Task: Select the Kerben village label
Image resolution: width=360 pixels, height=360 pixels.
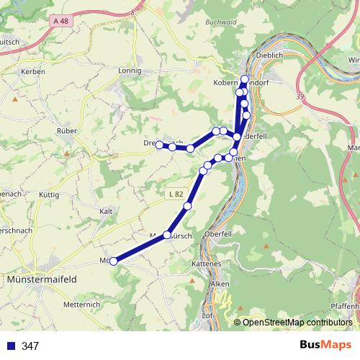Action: (34, 71)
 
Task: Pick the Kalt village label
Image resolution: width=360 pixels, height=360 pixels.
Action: (107, 211)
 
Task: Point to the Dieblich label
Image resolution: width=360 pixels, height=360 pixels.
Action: (271, 55)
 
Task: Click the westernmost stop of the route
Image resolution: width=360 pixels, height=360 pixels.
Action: (114, 261)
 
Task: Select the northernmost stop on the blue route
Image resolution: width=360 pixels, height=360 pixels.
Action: (245, 79)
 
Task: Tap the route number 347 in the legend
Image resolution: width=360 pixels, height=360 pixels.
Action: (30, 346)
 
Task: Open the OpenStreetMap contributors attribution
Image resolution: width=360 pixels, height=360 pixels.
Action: (297, 322)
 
